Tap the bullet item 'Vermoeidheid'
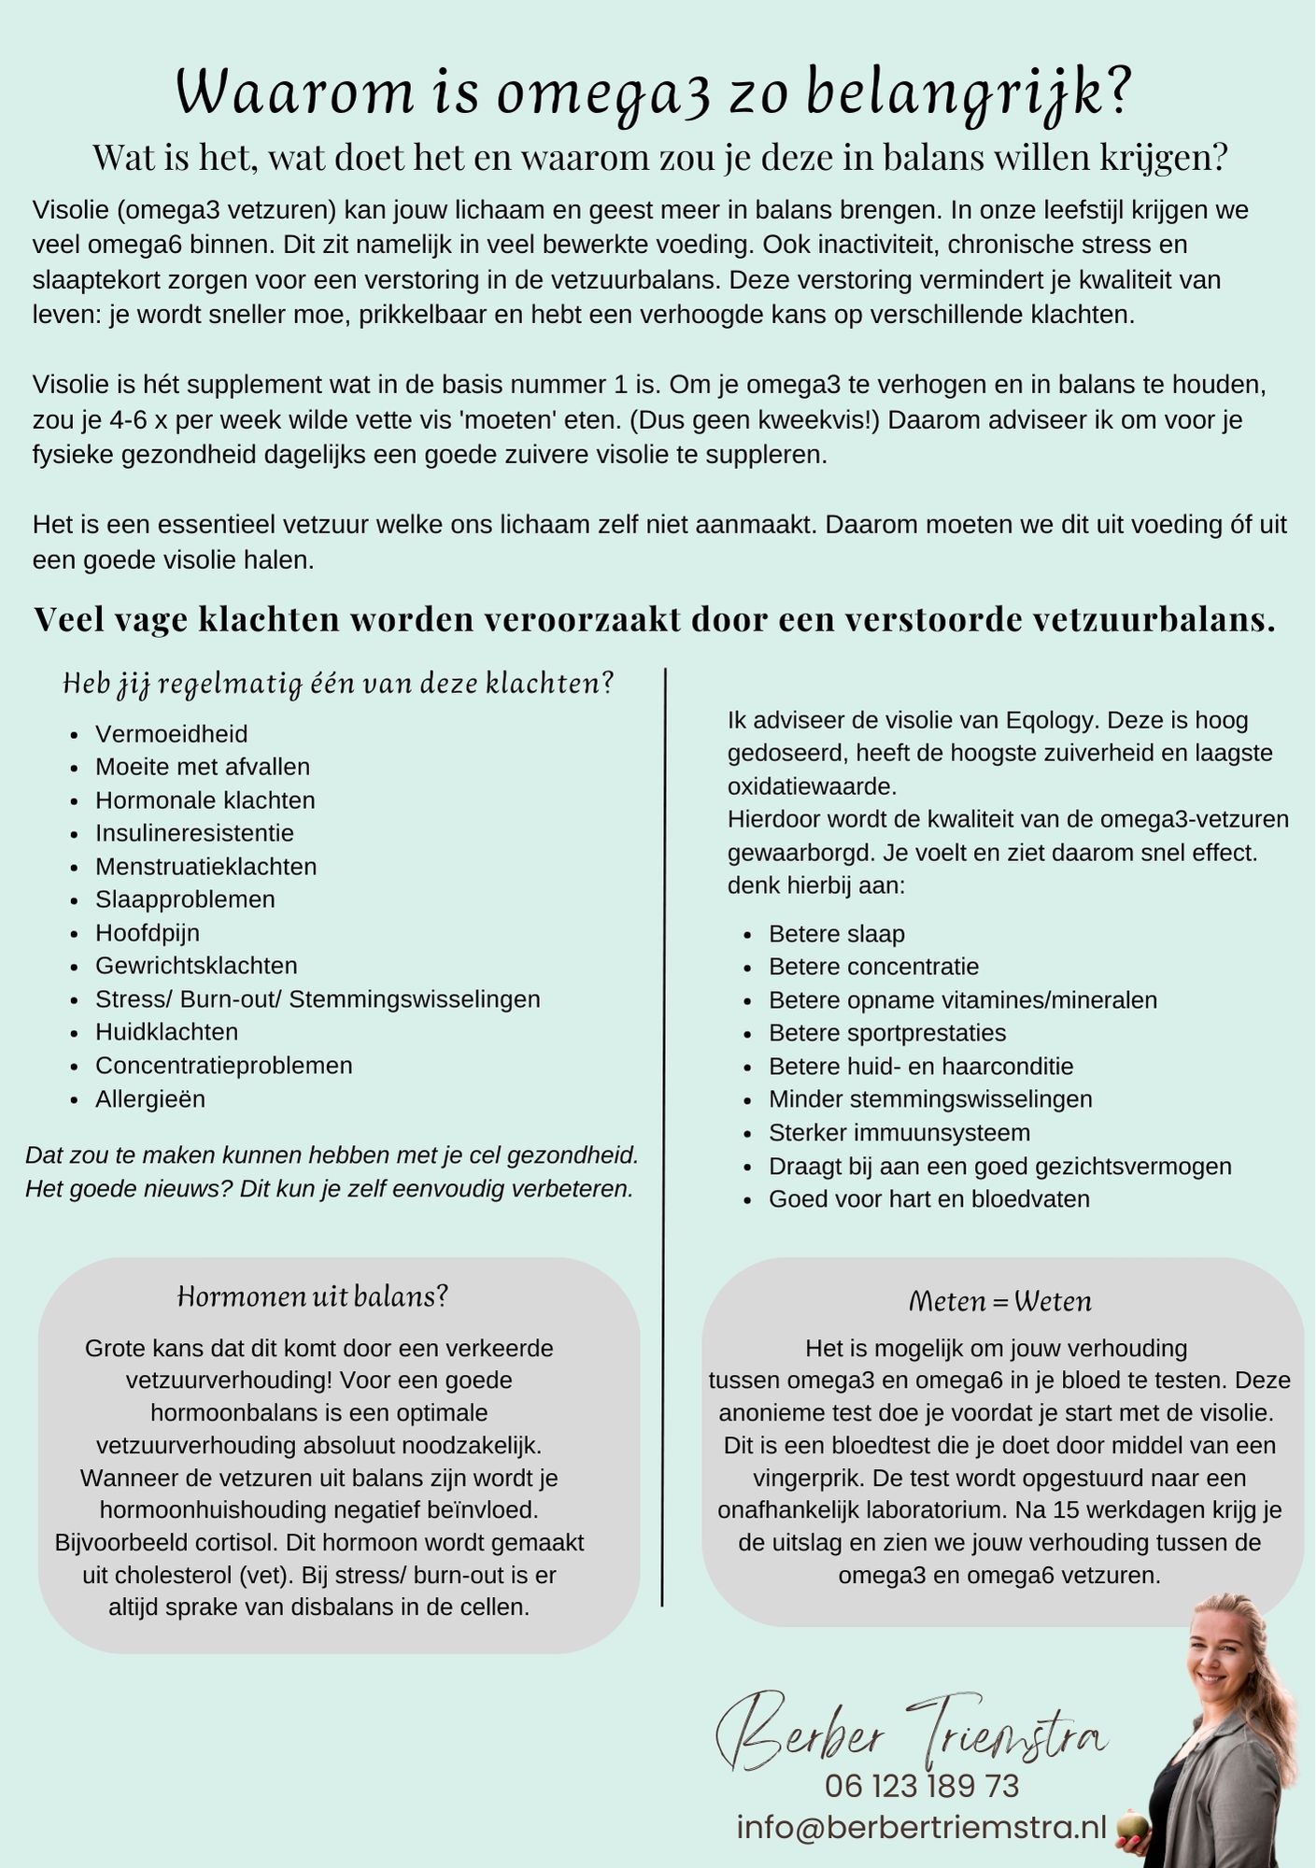click(171, 734)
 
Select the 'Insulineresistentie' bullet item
click(194, 833)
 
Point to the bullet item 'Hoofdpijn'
click(148, 933)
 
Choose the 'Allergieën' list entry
click(149, 1098)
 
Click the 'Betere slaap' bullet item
click(836, 934)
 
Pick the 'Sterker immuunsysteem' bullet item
click(899, 1133)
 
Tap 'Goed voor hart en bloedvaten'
click(928, 1199)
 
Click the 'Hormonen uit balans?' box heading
click(313, 1296)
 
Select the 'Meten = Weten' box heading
click(999, 1301)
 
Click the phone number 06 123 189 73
click(921, 1786)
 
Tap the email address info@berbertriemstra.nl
click(921, 1827)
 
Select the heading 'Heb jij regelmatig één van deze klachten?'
click(338, 684)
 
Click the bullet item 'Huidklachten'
click(166, 1032)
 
